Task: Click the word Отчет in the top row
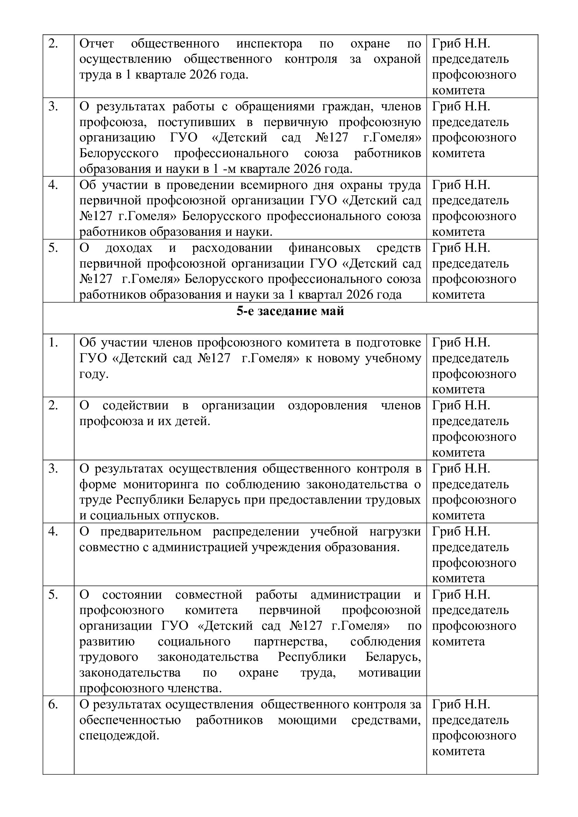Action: [96, 44]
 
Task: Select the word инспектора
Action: [269, 44]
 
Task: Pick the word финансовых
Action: [324, 248]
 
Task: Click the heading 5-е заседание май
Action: [290, 311]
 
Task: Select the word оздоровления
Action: [327, 406]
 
